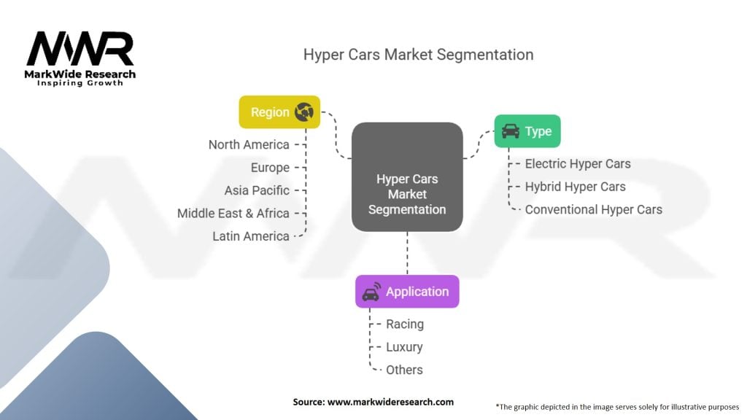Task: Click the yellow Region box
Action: coord(279,112)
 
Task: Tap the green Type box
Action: coord(527,131)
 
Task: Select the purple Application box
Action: coord(407,292)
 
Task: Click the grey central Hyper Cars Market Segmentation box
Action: coord(407,177)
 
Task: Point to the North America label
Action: coord(249,145)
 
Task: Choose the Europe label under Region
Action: coord(270,168)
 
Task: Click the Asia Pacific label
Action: coord(257,190)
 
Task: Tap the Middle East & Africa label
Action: coord(233,214)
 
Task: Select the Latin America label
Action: coord(251,236)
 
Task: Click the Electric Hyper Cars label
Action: coord(578,164)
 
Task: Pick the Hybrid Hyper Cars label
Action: coord(576,187)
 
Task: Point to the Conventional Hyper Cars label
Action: coord(594,209)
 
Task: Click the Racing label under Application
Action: coord(405,324)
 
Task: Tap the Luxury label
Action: coord(404,347)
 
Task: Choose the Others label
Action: coord(404,370)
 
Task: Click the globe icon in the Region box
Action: coord(304,112)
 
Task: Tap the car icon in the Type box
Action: coord(511,131)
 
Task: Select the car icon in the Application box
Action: coord(371,292)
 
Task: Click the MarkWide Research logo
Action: coord(80,58)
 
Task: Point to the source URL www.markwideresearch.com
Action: coord(391,402)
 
